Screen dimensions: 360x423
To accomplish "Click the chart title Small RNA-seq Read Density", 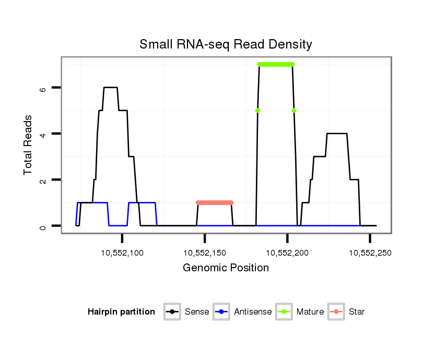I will [x=226, y=44].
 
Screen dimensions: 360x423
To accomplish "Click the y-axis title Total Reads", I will [x=28, y=145].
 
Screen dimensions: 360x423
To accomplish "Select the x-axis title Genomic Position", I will [x=226, y=268].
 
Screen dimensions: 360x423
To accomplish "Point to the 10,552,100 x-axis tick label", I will [x=122, y=253].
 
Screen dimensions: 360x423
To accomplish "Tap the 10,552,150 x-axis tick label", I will [x=205, y=253].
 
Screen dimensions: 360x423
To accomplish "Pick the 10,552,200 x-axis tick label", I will [x=287, y=253].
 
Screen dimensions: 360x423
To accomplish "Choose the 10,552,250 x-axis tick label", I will [x=370, y=253].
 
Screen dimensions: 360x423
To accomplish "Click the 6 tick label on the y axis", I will [x=43, y=88].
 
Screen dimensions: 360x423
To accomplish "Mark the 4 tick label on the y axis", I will [x=43, y=134].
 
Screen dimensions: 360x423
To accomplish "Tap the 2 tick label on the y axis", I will [x=43, y=180].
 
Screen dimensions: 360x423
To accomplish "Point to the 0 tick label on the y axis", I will [x=43, y=226].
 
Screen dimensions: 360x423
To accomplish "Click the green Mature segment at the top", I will [x=276, y=64].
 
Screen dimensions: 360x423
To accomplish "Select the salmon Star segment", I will [x=215, y=202].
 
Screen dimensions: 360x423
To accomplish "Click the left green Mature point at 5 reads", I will [x=257, y=111].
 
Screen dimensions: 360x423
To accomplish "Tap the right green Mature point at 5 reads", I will [x=294, y=111].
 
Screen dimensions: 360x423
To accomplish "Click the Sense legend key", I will [x=172, y=312].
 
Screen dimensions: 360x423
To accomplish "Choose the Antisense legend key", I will [x=222, y=312].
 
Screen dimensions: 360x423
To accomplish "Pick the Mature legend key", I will [x=285, y=312].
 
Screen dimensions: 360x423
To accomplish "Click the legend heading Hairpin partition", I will [x=121, y=312].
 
